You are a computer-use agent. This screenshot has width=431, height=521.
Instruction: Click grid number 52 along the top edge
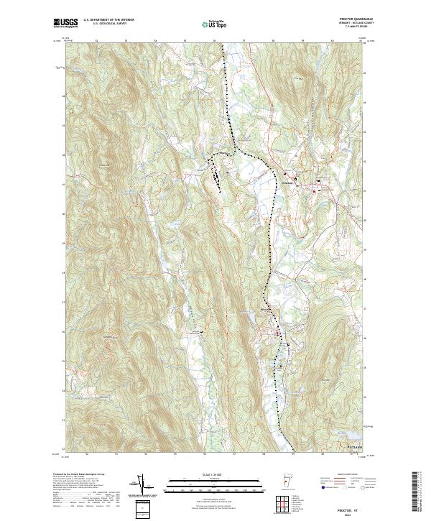[96, 41]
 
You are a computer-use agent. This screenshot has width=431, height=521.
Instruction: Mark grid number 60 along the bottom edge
[323, 454]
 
